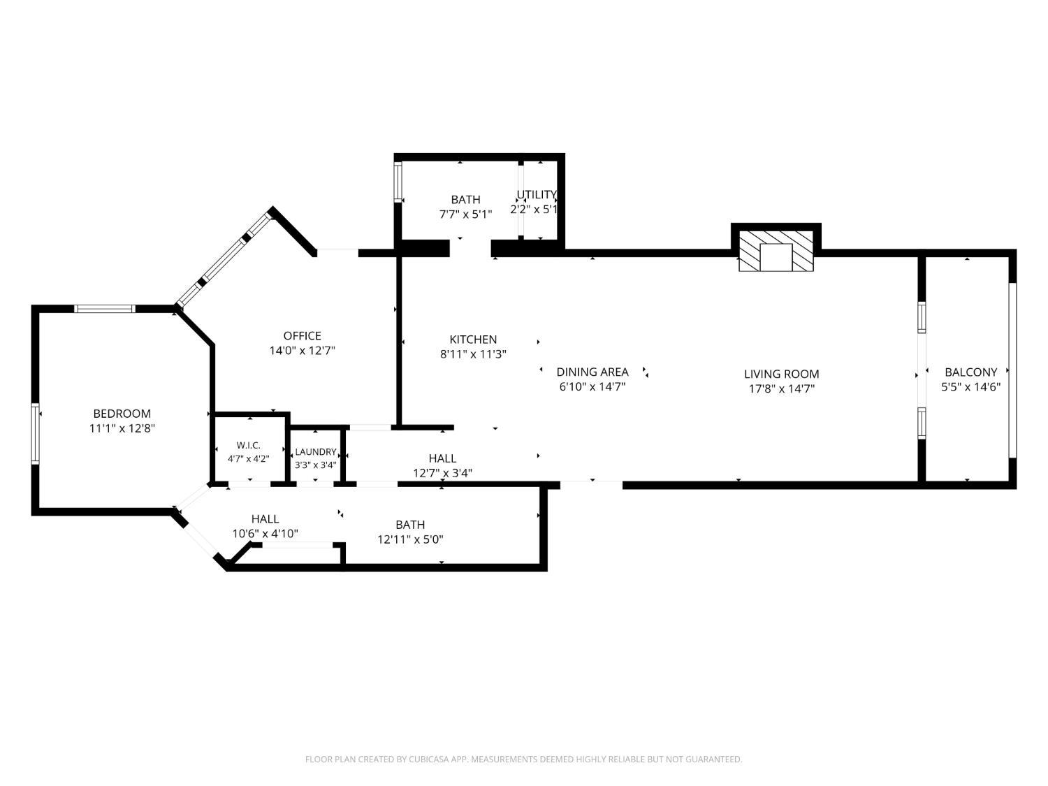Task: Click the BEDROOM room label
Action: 122,414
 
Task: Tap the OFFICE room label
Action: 303,335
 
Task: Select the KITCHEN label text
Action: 473,340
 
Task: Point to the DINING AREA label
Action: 592,372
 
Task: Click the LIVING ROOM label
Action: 782,374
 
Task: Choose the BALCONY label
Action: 970,372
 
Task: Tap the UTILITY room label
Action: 537,194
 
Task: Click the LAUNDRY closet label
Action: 316,451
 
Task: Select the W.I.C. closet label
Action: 248,445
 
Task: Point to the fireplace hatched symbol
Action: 776,251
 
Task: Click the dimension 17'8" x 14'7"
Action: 782,388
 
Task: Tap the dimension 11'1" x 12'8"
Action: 122,428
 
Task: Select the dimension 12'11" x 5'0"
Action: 410,539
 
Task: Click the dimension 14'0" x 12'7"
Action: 303,351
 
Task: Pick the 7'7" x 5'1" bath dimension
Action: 465,214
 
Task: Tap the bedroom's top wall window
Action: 105,309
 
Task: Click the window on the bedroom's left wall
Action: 36,433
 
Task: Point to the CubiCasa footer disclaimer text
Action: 524,759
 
